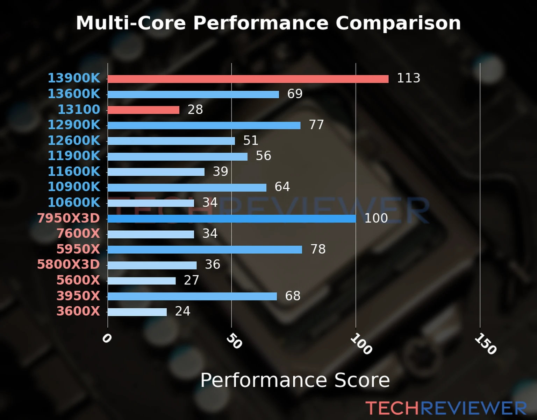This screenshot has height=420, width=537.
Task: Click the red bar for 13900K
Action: pyautogui.click(x=248, y=79)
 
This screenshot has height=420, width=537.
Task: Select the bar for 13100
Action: pyautogui.click(x=143, y=110)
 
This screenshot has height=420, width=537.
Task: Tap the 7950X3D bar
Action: pyautogui.click(x=231, y=219)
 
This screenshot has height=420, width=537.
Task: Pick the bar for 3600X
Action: pyautogui.click(x=137, y=312)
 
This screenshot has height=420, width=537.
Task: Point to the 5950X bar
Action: pyautogui.click(x=205, y=250)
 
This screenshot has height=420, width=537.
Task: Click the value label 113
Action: pyautogui.click(x=408, y=78)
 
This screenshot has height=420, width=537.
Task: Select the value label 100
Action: pyautogui.click(x=376, y=218)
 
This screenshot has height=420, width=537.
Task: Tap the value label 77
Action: pyautogui.click(x=316, y=125)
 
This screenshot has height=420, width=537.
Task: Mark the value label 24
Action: pyautogui.click(x=182, y=311)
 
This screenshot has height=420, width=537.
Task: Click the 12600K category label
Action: pyautogui.click(x=74, y=140)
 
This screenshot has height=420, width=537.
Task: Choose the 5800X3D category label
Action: pyautogui.click(x=69, y=264)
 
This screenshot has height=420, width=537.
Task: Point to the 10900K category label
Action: pyautogui.click(x=74, y=187)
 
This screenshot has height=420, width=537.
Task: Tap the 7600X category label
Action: pyautogui.click(x=78, y=233)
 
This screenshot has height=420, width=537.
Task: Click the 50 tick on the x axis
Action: pyautogui.click(x=234, y=341)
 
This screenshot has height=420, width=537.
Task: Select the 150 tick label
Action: pyautogui.click(x=485, y=344)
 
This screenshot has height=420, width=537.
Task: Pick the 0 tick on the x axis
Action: pyautogui.click(x=107, y=338)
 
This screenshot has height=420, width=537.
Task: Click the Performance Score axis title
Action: pyautogui.click(x=295, y=380)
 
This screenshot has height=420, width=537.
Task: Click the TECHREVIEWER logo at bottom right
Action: pyautogui.click(x=446, y=408)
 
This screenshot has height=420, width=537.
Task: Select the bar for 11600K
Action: pyautogui.click(x=156, y=172)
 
